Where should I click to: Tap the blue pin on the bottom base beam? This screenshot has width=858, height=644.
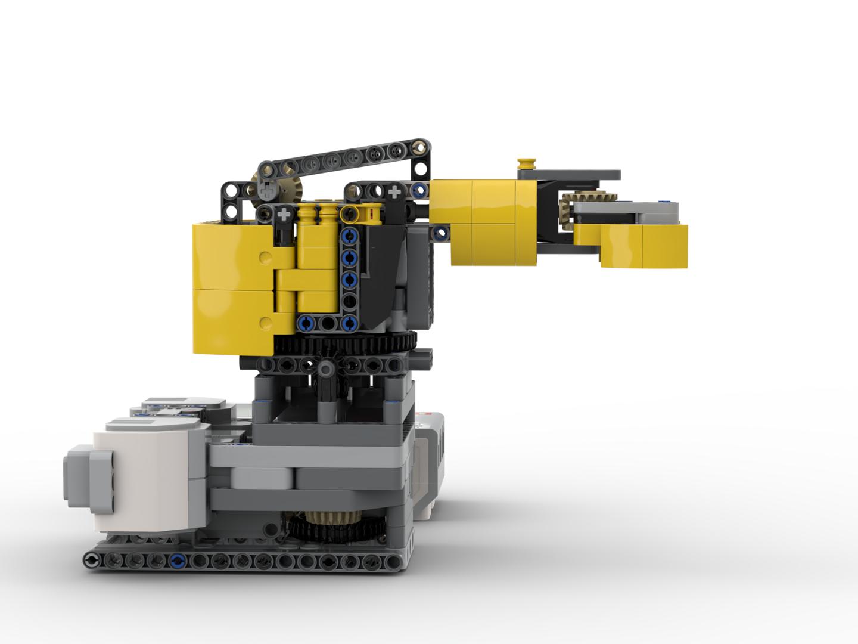pyautogui.click(x=176, y=560)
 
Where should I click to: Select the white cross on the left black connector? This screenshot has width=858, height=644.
pyautogui.click(x=285, y=213)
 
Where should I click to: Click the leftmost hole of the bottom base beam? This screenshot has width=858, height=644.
pyautogui.click(x=92, y=560)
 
